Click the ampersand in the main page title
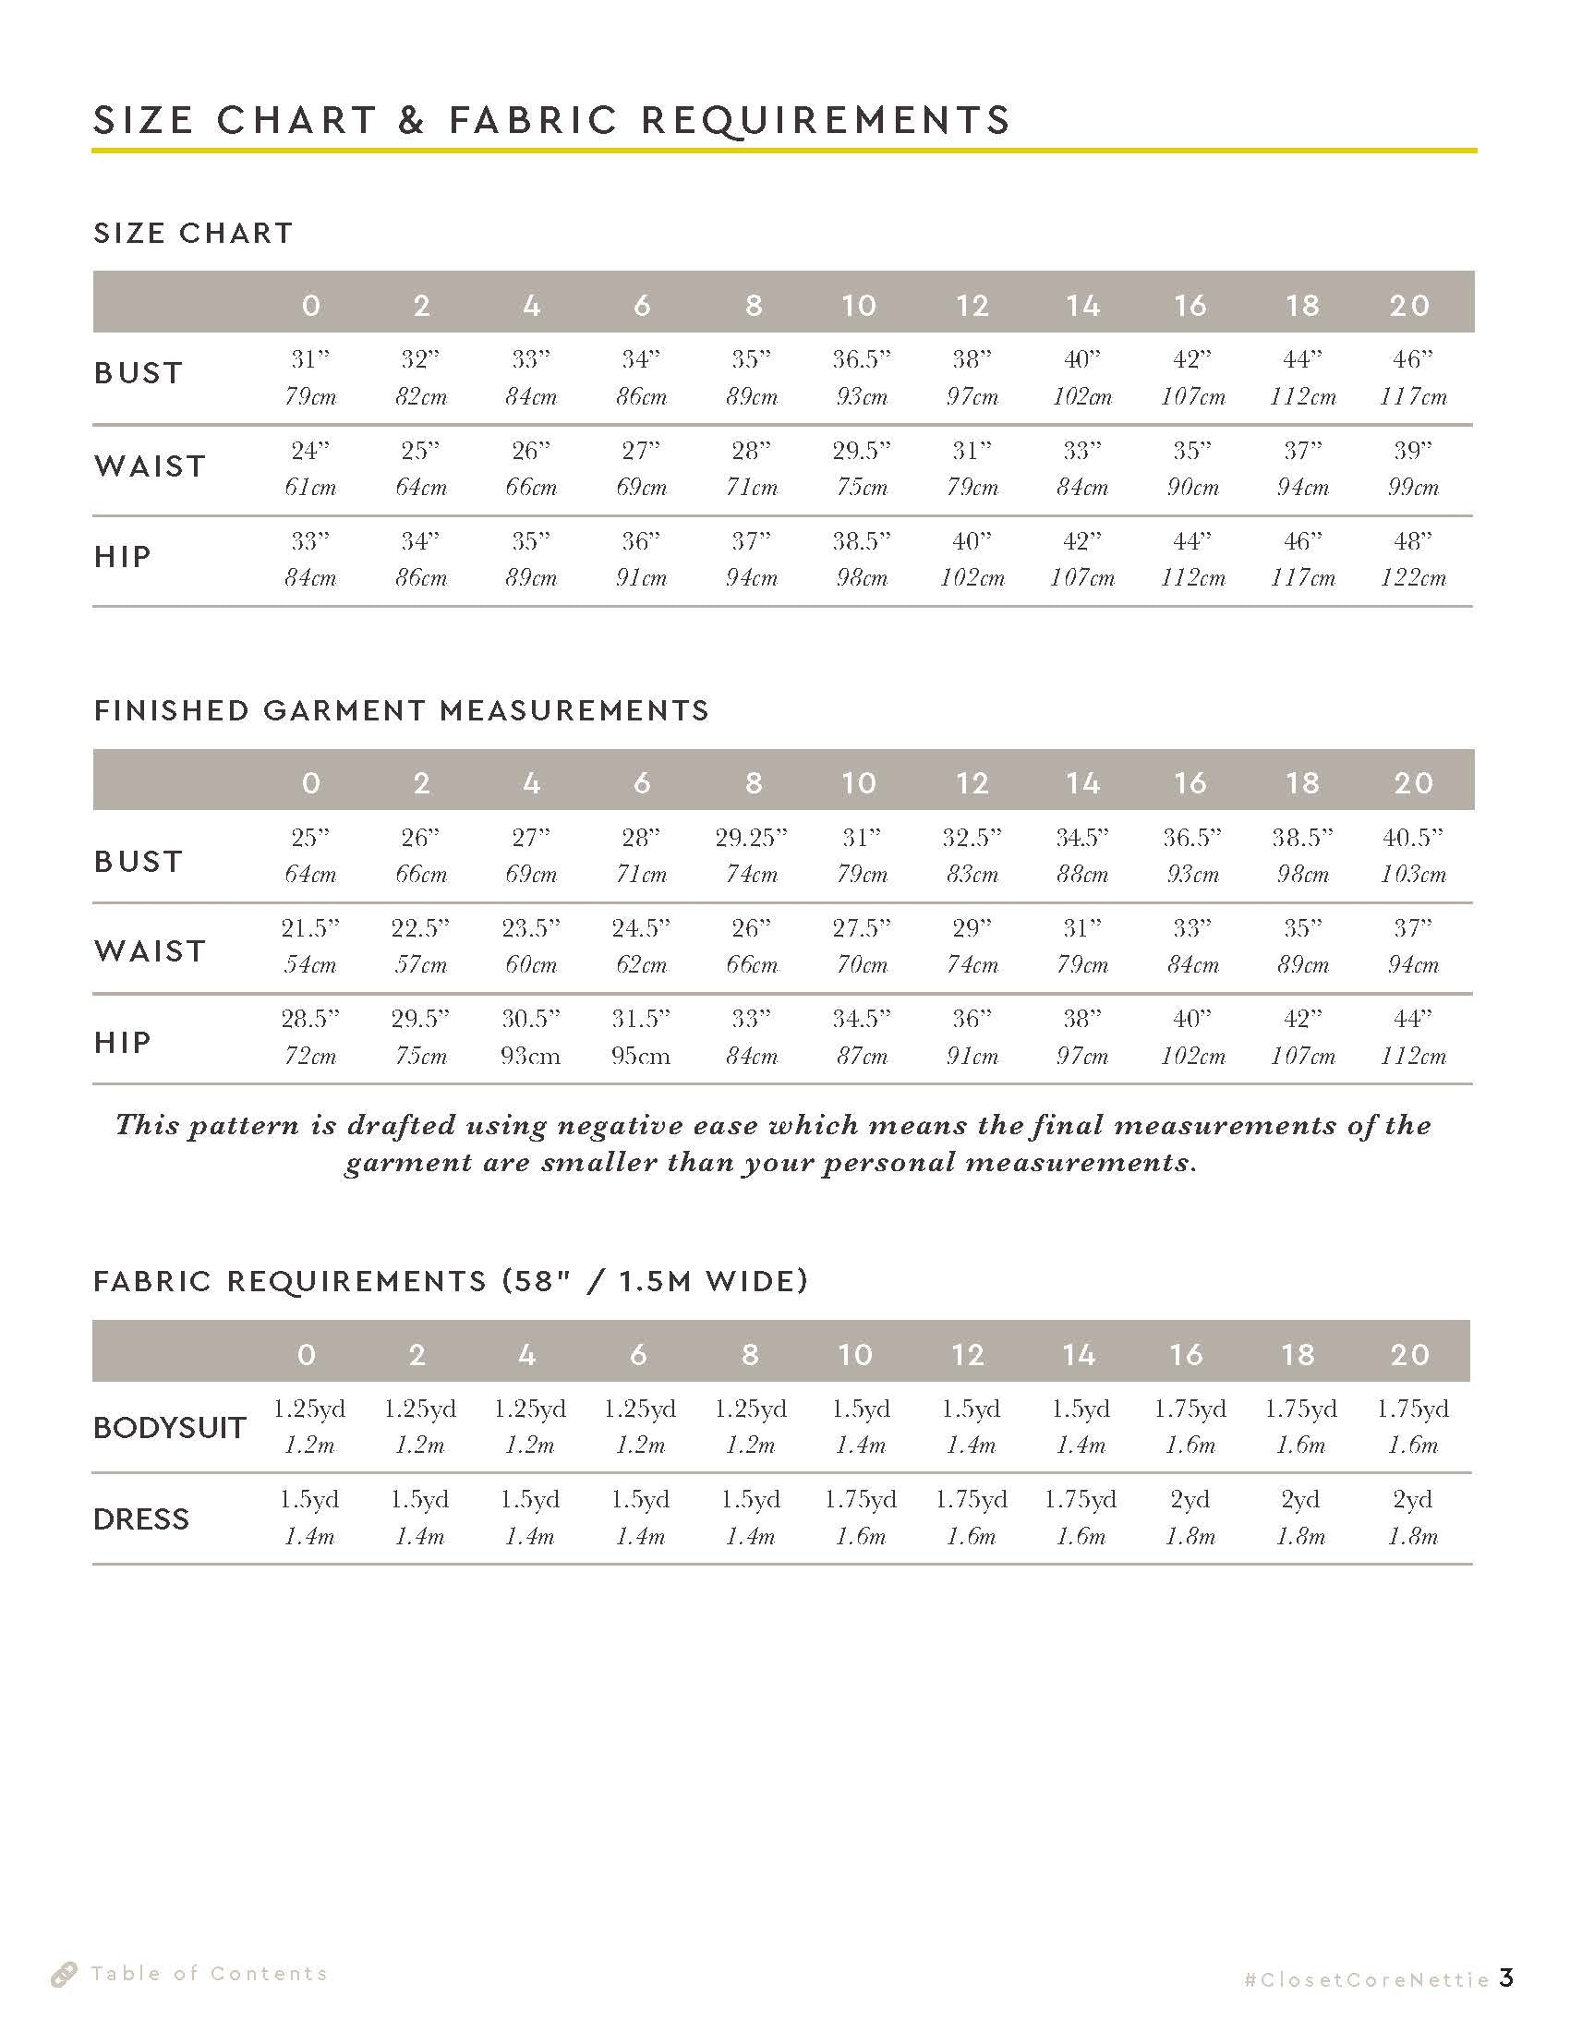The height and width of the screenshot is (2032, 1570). click(x=411, y=121)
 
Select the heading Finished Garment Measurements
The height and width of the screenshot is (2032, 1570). click(x=401, y=711)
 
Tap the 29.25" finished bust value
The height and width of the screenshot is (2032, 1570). click(x=751, y=839)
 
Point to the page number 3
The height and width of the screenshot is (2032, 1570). click(x=1507, y=1978)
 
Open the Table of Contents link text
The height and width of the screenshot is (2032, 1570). click(x=210, y=1974)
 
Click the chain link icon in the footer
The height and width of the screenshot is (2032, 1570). click(x=63, y=1975)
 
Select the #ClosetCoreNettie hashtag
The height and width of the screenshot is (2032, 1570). click(x=1366, y=1979)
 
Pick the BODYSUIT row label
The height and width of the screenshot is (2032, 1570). click(x=169, y=1427)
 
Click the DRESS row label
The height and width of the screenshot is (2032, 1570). click(x=141, y=1519)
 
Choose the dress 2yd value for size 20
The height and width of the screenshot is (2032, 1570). click(x=1412, y=1500)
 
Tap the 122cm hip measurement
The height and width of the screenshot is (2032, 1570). click(x=1412, y=578)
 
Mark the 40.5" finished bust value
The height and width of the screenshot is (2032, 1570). click(x=1412, y=839)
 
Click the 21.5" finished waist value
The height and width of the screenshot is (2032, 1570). click(x=309, y=928)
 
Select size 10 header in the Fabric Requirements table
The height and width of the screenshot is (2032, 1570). click(x=856, y=1355)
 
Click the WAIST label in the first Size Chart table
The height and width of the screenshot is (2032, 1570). click(x=150, y=466)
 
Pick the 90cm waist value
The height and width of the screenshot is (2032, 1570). click(x=1192, y=488)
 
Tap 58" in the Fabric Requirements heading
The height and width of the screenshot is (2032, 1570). click(x=539, y=1281)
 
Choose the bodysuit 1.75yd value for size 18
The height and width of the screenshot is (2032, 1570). click(x=1300, y=1409)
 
